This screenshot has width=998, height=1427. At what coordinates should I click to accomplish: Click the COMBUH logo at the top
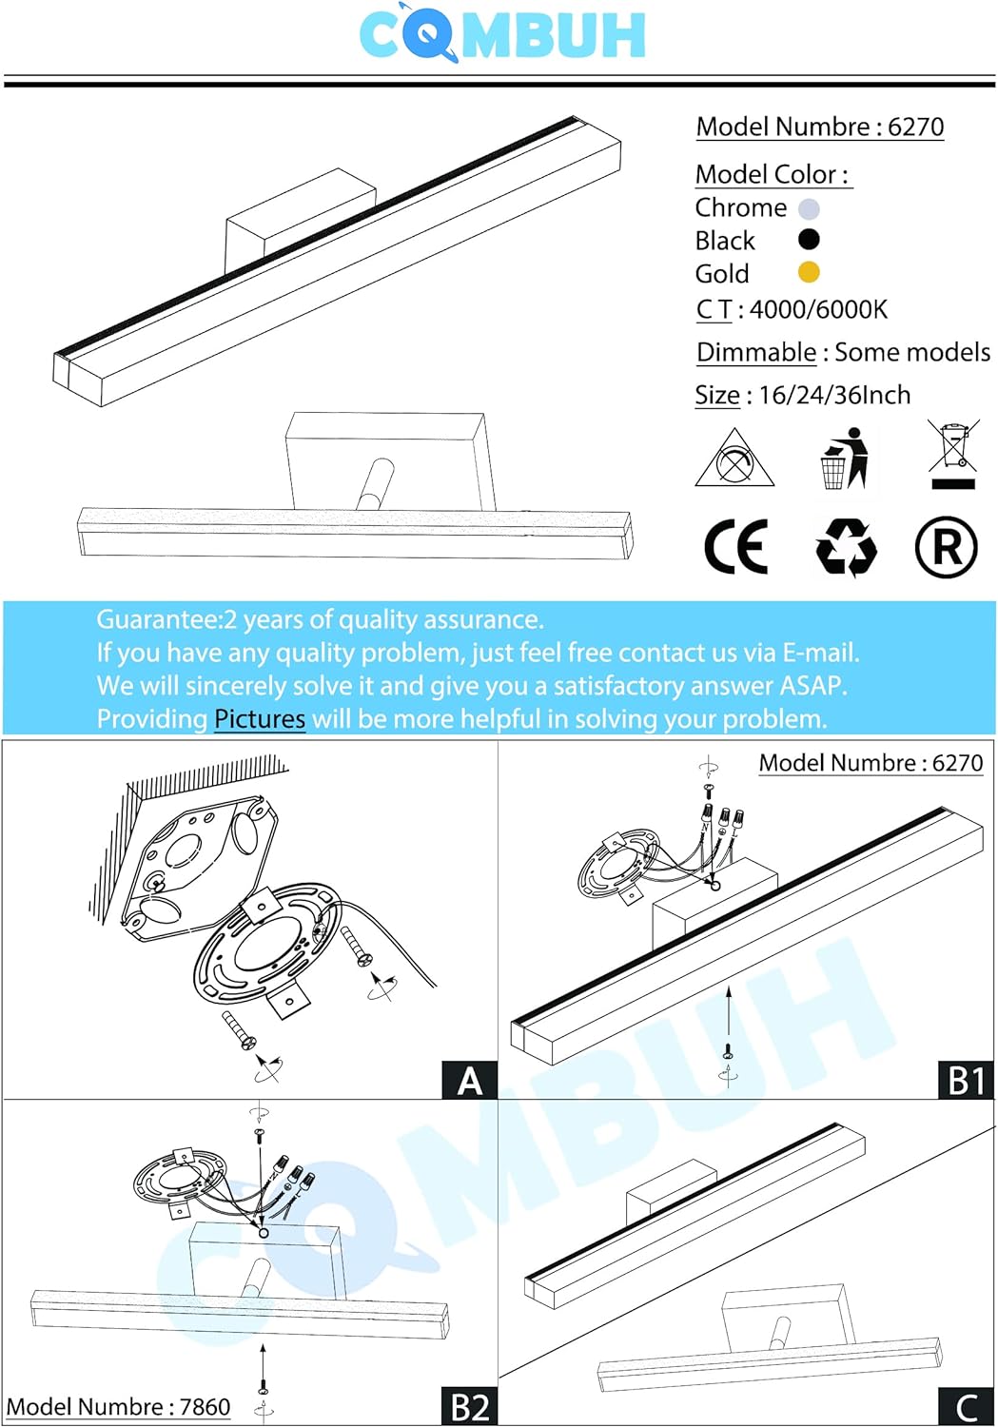pyautogui.click(x=502, y=34)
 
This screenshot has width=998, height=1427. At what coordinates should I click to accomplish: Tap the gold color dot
pyautogui.click(x=809, y=273)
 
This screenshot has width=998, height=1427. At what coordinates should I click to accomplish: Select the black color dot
pyautogui.click(x=809, y=240)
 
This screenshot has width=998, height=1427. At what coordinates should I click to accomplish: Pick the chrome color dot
pyautogui.click(x=809, y=208)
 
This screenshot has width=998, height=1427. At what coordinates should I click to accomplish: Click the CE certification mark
pyautogui.click(x=735, y=547)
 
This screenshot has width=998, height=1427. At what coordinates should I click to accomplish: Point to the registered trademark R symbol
pyautogui.click(x=946, y=548)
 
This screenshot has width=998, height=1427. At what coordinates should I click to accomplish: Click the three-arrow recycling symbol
pyautogui.click(x=845, y=548)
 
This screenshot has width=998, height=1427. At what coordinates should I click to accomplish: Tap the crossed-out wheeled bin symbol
pyautogui.click(x=953, y=455)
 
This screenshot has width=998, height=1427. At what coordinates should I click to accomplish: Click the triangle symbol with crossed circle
pyautogui.click(x=734, y=459)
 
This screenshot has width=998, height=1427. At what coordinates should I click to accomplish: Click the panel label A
pyautogui.click(x=470, y=1081)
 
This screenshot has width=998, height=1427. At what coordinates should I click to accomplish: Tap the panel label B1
pyautogui.click(x=967, y=1081)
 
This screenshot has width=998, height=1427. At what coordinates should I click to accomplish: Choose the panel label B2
pyautogui.click(x=470, y=1407)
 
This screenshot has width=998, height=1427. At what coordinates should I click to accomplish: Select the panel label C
pyautogui.click(x=967, y=1407)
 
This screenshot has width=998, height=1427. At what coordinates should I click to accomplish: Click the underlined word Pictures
pyautogui.click(x=260, y=718)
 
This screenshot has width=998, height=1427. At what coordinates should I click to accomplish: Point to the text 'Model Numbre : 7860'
pyautogui.click(x=118, y=1407)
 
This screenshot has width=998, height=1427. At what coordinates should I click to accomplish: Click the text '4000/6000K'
pyautogui.click(x=818, y=309)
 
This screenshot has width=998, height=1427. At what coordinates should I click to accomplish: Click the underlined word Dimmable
pyautogui.click(x=756, y=352)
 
